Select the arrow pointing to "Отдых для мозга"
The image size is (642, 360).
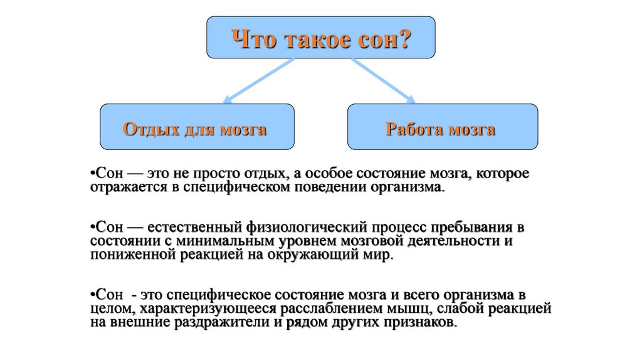tap(258, 80)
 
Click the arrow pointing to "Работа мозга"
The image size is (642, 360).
tap(382, 80)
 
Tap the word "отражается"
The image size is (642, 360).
tap(123, 188)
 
